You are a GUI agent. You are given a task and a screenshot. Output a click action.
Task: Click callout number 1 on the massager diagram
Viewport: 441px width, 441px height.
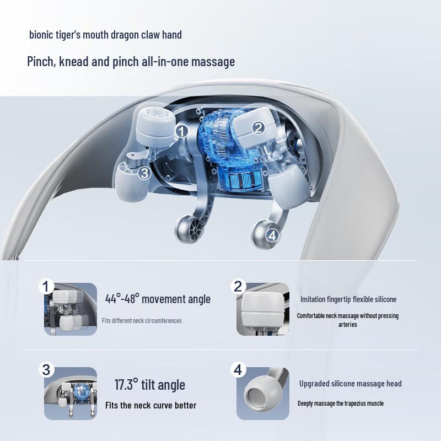pyautogui.click(x=182, y=131)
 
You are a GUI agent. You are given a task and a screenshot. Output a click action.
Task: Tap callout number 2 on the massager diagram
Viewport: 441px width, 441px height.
pyautogui.click(x=258, y=128)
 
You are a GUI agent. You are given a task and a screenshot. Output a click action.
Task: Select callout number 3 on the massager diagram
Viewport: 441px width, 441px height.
pyautogui.click(x=144, y=173)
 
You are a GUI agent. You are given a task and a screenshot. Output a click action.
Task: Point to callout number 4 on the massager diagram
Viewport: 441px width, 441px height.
pyautogui.click(x=272, y=235)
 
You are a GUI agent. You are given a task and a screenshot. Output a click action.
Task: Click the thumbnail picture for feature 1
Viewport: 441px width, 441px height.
pyautogui.click(x=71, y=309)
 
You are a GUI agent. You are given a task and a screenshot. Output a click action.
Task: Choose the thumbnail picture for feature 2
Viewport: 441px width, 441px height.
pyautogui.click(x=263, y=309)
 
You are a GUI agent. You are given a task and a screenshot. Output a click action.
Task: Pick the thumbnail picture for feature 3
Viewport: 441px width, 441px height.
pyautogui.click(x=71, y=394)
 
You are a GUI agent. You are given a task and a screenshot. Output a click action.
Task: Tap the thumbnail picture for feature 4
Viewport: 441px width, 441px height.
pyautogui.click(x=263, y=394)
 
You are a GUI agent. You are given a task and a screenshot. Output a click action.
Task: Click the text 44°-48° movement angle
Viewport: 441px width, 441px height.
pyautogui.click(x=158, y=299)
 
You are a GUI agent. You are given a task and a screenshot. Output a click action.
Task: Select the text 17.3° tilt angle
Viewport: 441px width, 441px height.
pyautogui.click(x=149, y=385)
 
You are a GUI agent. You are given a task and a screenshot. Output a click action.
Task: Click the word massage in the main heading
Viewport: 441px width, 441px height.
pyautogui.click(x=213, y=61)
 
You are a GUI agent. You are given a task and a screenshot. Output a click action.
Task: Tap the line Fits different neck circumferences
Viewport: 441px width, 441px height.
pyautogui.click(x=142, y=321)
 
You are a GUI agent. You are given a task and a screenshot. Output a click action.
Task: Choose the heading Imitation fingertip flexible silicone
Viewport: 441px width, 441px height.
pyautogui.click(x=348, y=299)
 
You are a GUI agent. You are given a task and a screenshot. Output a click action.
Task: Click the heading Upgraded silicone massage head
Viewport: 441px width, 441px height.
pyautogui.click(x=351, y=384)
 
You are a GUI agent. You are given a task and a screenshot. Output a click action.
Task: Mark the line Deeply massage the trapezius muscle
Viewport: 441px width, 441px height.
pyautogui.click(x=341, y=404)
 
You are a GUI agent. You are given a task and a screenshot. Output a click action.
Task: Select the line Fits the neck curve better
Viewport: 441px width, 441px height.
pyautogui.click(x=151, y=405)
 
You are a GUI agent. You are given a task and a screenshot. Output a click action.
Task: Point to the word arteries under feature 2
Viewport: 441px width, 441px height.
pyautogui.click(x=348, y=325)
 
